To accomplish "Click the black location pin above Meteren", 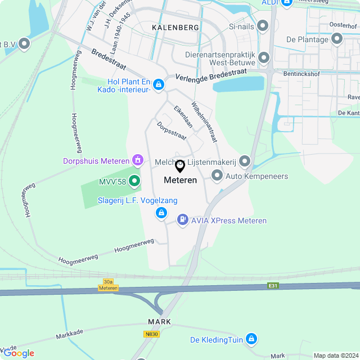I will coord(180,166).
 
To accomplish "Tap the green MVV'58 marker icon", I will coord(134,181).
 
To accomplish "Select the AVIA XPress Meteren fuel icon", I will coord(182,220).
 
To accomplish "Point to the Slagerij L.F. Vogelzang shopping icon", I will coord(161,212).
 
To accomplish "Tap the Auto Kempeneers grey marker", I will coord(217,176).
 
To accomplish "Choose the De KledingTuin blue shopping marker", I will coord(251,339).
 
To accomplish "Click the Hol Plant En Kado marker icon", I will coord(159,85).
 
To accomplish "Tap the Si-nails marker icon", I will coord(263,27).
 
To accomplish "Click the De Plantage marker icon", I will coord(337,39).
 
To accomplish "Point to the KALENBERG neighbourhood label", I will coord(175,27).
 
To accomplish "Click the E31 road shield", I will coord(273,286).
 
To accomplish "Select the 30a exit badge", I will coord(109,281).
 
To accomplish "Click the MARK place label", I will coord(159,322).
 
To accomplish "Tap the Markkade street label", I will coord(70,335).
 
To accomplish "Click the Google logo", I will coord(19,353).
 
